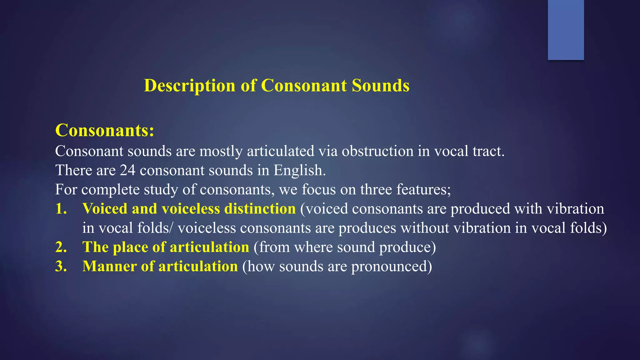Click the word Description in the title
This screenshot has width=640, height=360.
[x=189, y=86]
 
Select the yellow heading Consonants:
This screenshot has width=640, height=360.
[x=105, y=130]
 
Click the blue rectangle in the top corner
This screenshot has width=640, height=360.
[x=566, y=30]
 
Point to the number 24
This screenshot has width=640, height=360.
[x=127, y=170]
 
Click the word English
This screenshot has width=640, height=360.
[x=299, y=170]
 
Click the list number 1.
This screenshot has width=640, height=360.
[x=61, y=209]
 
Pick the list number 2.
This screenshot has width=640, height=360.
[x=61, y=247]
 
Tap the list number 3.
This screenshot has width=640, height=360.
[x=61, y=266]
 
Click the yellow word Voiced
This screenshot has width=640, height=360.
[x=105, y=209]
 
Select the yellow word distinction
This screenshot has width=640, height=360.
[x=260, y=209]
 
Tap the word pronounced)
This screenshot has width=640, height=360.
[x=392, y=266]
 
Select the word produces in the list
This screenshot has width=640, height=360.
[x=367, y=228]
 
